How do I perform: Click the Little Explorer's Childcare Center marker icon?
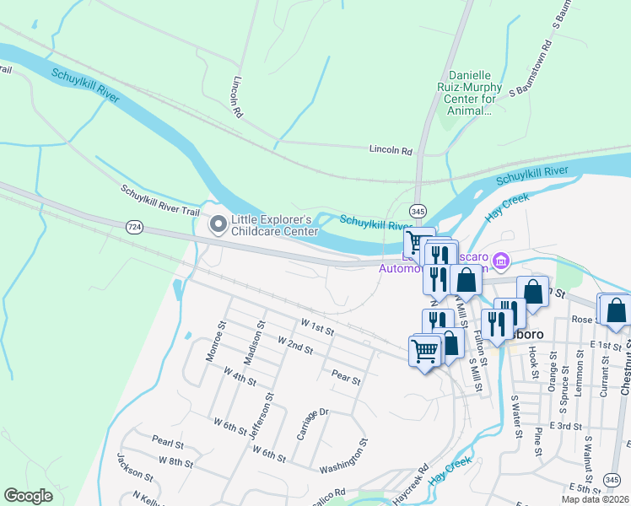[x=218, y=224]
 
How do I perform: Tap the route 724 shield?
[x=133, y=227]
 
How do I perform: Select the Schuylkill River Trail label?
[x=159, y=204]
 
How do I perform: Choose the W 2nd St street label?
[x=295, y=345]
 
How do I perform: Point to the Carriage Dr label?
[x=310, y=423]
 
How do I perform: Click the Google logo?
[x=29, y=496]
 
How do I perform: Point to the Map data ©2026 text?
[x=595, y=499]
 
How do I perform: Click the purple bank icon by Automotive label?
[x=502, y=261]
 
